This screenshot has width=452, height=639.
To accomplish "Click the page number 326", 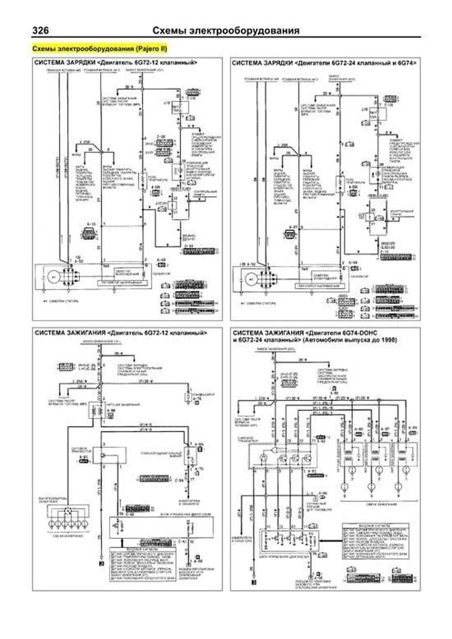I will click(x=40, y=31).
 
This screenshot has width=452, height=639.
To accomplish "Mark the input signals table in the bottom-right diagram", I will click(x=376, y=542).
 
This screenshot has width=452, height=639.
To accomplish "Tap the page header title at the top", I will click(x=226, y=31).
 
